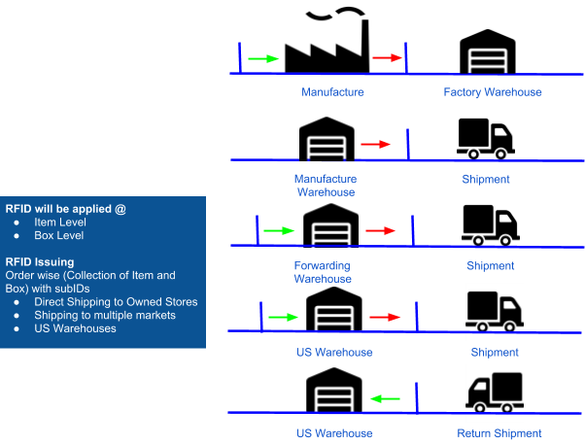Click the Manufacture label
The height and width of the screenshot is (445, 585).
coord(332,92)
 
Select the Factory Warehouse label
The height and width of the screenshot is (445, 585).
coord(492,92)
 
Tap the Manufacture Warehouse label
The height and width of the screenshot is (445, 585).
coord(326,186)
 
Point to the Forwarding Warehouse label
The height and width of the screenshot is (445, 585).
coord(322,272)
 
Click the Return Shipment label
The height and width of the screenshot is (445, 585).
coord(499,433)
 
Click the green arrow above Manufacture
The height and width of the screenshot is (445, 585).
coord(263,59)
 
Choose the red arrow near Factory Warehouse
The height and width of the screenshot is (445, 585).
coord(387,58)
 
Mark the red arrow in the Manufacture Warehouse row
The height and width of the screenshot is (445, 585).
coord(375,145)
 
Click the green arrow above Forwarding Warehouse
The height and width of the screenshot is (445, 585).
coord(279,230)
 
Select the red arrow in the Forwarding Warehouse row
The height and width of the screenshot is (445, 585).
coord(380,231)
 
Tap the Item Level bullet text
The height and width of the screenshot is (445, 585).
coord(60,222)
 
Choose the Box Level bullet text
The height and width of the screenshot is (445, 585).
coord(59,235)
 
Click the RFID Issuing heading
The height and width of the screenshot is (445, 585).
coord(40,261)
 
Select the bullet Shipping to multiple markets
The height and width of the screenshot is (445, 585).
coord(105,315)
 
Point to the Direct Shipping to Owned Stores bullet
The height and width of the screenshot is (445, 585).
coord(116,302)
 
